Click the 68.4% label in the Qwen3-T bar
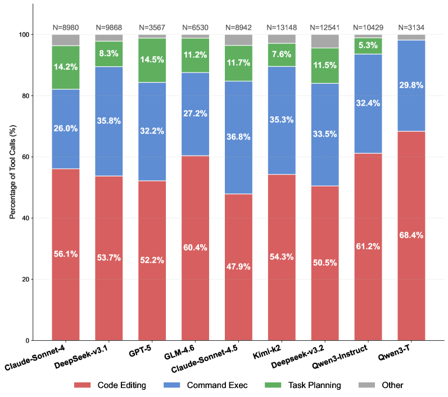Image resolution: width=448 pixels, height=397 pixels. (x=411, y=235)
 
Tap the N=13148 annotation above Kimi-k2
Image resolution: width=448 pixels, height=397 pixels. (x=282, y=26)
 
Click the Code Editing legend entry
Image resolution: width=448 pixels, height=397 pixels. (x=111, y=385)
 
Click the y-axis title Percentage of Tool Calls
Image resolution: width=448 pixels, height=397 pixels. (x=12, y=172)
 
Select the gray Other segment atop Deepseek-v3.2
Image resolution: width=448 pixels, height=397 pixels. (x=325, y=41)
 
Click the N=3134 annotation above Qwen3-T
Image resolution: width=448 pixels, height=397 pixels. (x=411, y=26)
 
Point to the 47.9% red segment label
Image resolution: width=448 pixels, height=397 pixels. (x=238, y=266)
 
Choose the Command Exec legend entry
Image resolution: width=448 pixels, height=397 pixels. (x=209, y=385)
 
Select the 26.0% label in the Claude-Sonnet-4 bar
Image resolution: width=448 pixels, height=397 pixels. (x=65, y=129)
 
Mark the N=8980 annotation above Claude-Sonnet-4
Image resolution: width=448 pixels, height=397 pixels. (x=65, y=26)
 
